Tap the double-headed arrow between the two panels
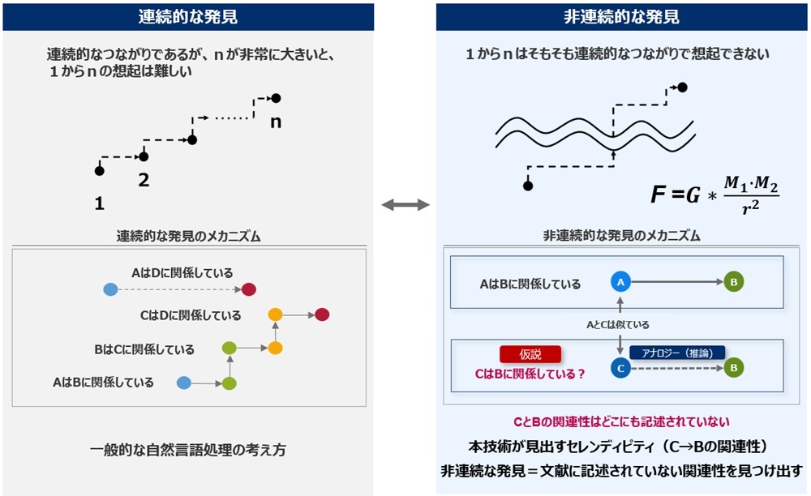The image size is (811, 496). pos(405,206)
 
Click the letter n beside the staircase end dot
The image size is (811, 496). pos(277,122)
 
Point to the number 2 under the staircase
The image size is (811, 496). pos(144,180)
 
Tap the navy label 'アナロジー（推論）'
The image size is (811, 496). pos(676,353)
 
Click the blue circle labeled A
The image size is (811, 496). pos(620,282)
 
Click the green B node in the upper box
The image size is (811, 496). pos(732,282)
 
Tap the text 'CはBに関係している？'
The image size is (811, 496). pos(530,374)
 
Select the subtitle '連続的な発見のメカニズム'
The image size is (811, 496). pos(188,236)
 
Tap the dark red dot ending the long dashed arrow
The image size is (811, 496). pos(249,289)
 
